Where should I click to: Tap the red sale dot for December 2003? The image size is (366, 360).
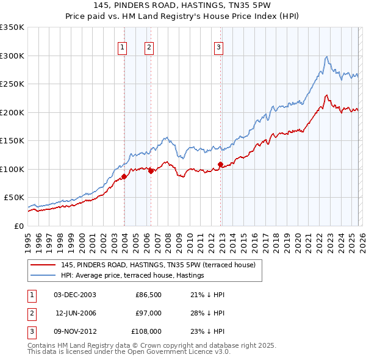(124, 176)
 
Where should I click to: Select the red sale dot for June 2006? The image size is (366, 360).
(151, 171)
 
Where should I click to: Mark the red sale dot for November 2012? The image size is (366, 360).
(220, 164)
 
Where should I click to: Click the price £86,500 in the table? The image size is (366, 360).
(148, 295)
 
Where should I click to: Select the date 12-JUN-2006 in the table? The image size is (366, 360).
(76, 313)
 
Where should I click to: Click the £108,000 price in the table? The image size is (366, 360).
(146, 331)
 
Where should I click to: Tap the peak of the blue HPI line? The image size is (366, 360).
(327, 57)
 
